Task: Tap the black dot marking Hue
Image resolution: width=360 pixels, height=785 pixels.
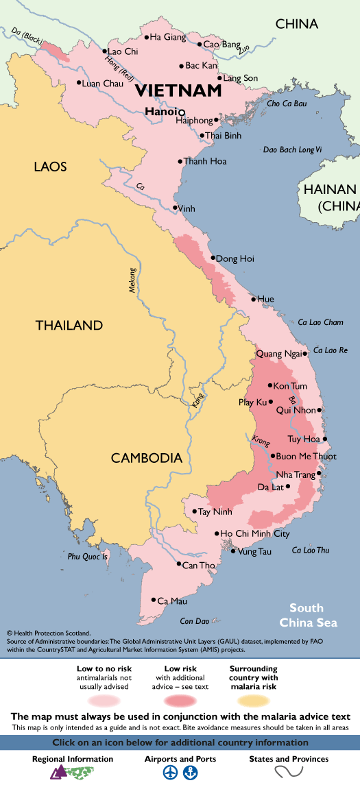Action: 253,299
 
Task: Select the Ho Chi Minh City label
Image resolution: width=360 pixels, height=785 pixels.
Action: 254,533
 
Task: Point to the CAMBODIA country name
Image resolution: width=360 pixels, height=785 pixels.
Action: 147,458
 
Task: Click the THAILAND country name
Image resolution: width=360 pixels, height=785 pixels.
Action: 69,326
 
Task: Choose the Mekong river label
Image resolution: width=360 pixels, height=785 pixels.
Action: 133,282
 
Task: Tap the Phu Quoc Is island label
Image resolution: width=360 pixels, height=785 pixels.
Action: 88,557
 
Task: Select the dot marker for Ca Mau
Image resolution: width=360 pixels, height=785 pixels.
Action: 154,601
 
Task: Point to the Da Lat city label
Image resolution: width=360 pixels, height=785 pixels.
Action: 271,487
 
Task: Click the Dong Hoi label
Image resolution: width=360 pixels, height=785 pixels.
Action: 235,258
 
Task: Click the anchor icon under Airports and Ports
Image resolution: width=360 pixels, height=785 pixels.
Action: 190,773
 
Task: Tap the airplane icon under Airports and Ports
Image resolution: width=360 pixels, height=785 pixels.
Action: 169,773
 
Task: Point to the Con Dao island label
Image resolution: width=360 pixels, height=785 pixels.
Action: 193,621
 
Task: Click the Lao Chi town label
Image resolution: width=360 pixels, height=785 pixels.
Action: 123,51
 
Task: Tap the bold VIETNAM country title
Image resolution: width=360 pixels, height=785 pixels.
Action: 178,90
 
